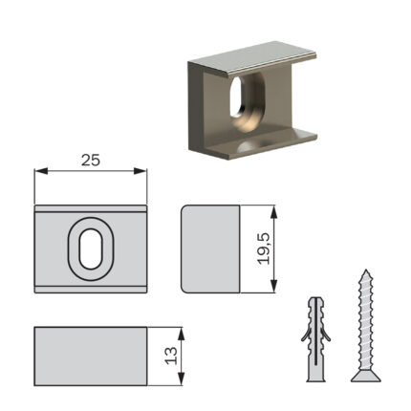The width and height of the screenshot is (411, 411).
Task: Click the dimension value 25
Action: coord(91,160)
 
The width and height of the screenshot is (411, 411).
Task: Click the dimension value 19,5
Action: coord(264,249)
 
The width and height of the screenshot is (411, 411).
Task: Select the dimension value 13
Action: coord(171,356)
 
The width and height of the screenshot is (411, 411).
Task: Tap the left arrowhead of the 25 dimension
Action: coord(41,171)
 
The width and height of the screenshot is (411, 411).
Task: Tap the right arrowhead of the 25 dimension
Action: coord(141,171)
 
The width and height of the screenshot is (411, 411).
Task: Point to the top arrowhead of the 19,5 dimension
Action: coord(274,212)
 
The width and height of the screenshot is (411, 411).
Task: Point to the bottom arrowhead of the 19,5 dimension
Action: coord(274,286)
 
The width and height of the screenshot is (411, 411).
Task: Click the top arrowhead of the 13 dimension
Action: coord(181,334)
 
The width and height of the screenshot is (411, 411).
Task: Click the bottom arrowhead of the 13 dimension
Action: coord(181,379)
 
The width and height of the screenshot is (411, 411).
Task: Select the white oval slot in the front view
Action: coord(91,249)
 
